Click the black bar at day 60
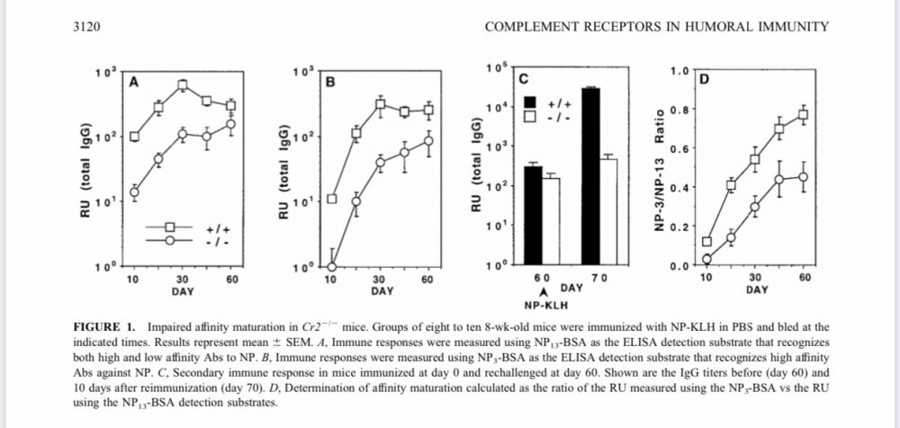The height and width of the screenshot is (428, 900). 533,216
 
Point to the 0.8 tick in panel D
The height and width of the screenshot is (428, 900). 682,110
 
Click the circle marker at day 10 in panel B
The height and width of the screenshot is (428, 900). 330,267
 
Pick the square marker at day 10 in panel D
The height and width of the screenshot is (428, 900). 706,242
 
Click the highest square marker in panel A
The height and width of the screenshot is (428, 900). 182,85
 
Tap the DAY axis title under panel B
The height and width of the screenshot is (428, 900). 382,291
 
